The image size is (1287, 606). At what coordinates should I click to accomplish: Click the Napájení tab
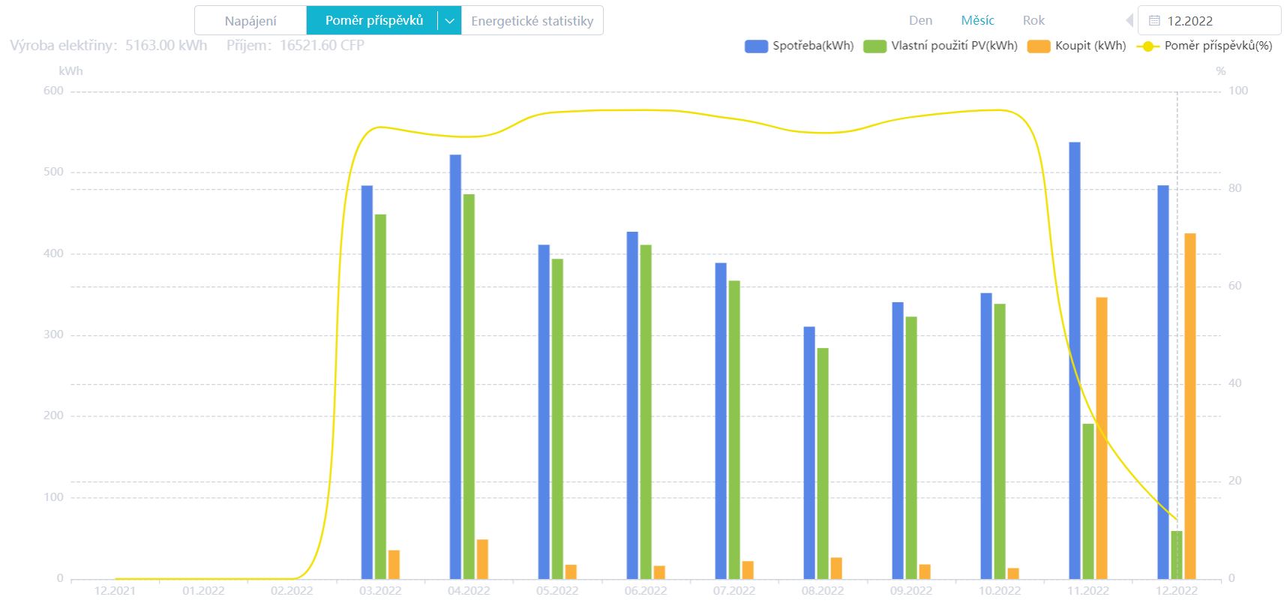[250, 21]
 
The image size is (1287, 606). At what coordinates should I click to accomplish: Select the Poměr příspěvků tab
[373, 20]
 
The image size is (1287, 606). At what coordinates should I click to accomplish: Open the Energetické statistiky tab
[532, 21]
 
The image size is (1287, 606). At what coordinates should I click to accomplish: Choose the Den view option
[920, 21]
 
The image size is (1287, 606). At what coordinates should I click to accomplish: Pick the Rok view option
[1033, 21]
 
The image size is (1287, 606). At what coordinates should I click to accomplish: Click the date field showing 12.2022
[1209, 21]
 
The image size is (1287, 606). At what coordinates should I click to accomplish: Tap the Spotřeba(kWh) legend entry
[799, 46]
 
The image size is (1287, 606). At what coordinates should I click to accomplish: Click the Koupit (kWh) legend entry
[1077, 46]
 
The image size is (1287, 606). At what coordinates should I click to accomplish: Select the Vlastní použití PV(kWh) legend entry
[941, 46]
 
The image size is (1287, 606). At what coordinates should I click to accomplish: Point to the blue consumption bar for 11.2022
[1075, 360]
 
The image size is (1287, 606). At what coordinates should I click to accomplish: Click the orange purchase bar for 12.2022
[1190, 406]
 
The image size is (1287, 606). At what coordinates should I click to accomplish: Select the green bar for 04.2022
[469, 386]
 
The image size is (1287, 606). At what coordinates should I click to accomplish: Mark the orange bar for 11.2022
[1102, 438]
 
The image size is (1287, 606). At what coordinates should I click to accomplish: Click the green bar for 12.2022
[1177, 555]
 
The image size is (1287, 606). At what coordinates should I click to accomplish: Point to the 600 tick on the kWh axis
[53, 91]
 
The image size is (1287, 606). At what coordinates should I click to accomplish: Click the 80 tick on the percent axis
[1235, 188]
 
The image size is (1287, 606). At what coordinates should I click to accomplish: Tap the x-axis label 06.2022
[646, 591]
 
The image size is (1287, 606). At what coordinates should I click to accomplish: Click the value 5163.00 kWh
[166, 46]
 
